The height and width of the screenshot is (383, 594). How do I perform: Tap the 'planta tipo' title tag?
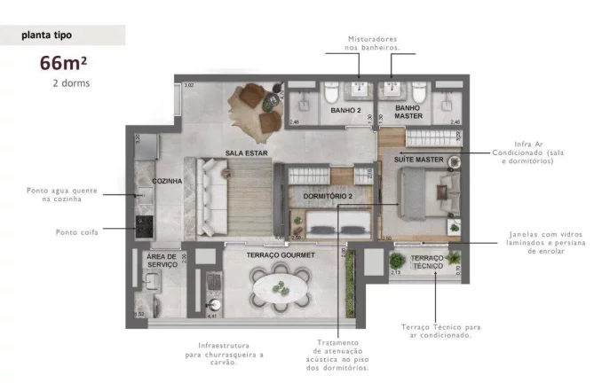pos(49,36)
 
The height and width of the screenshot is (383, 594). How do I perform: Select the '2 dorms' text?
pos(71,83)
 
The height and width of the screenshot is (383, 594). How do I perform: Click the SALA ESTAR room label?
pos(246,152)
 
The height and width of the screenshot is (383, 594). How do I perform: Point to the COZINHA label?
pos(167,181)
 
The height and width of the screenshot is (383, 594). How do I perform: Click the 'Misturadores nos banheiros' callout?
pos(374,43)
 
